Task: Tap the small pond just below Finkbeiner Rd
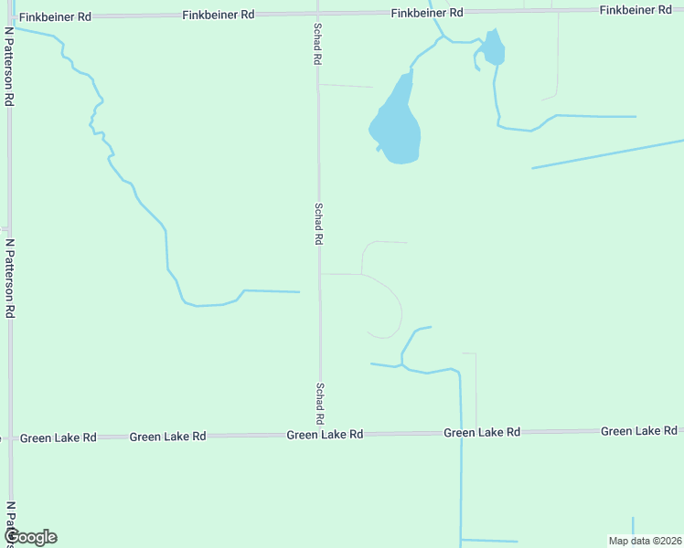point(494,48)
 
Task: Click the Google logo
point(30,537)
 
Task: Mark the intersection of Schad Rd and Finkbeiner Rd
point(317,14)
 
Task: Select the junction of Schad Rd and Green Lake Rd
point(320,435)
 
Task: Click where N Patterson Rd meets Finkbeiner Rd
point(9,17)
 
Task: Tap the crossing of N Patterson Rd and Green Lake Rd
point(11,438)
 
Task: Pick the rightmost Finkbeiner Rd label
point(636,9)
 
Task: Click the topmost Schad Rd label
point(317,43)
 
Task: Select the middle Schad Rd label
point(319,223)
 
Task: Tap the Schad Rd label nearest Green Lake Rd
point(320,403)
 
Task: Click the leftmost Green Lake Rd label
point(59,438)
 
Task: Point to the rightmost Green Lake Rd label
point(639,431)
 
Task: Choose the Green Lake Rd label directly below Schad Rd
point(325,435)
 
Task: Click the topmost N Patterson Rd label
point(8,66)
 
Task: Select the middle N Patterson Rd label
point(10,279)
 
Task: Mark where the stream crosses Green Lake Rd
point(461,432)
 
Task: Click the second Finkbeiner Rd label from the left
point(219,15)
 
